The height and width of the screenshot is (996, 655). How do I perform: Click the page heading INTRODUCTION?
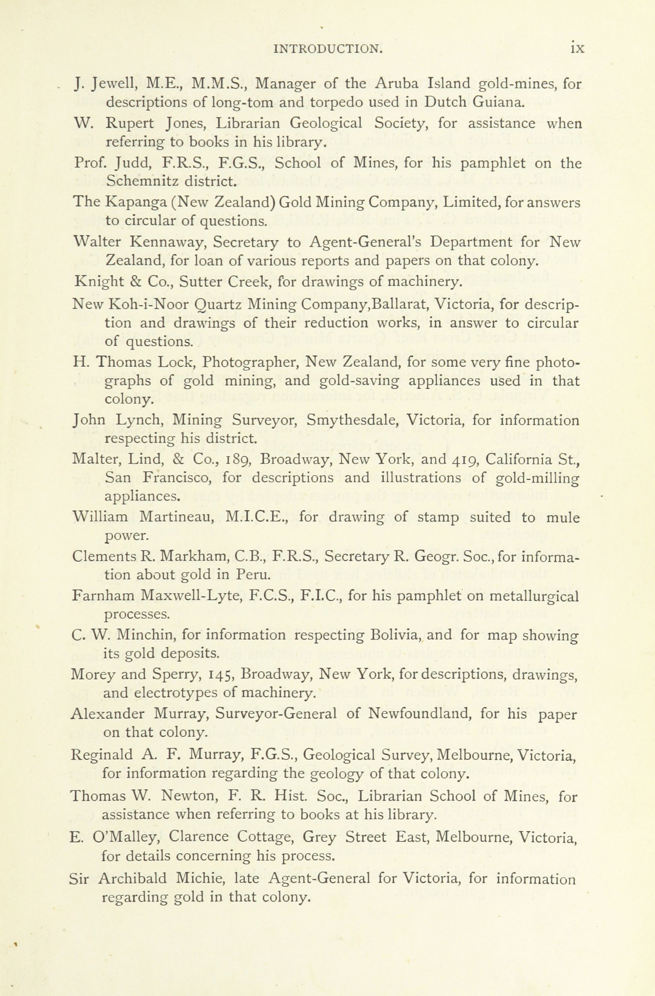coord(328,49)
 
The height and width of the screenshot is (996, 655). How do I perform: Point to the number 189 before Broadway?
coord(237,460)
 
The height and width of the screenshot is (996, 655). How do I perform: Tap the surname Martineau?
coord(177,518)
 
